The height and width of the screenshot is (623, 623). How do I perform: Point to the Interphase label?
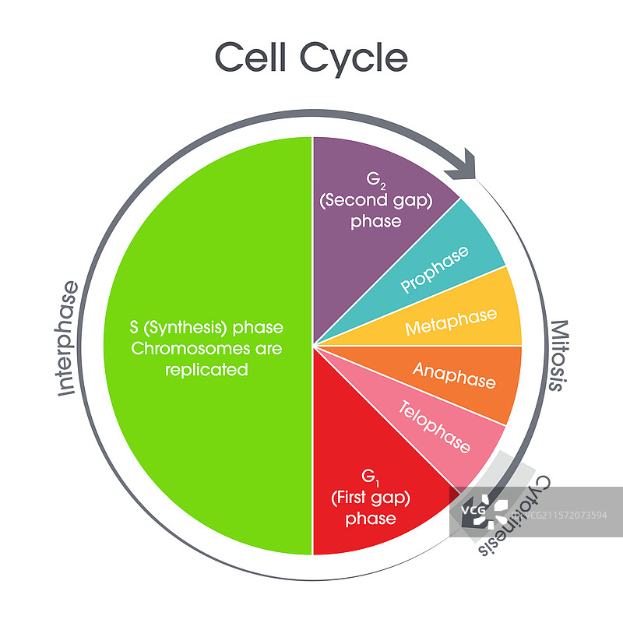(x=69, y=339)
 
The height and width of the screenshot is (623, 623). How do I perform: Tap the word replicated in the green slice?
(x=206, y=370)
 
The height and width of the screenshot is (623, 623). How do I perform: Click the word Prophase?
(x=435, y=269)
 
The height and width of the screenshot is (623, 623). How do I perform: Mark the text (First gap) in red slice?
(x=371, y=496)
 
